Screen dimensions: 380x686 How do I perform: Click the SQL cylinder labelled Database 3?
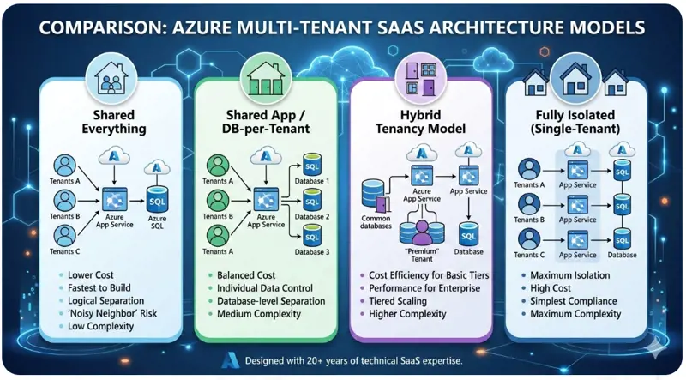tap(314, 236)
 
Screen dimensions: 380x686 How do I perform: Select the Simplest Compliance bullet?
tap(574, 301)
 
